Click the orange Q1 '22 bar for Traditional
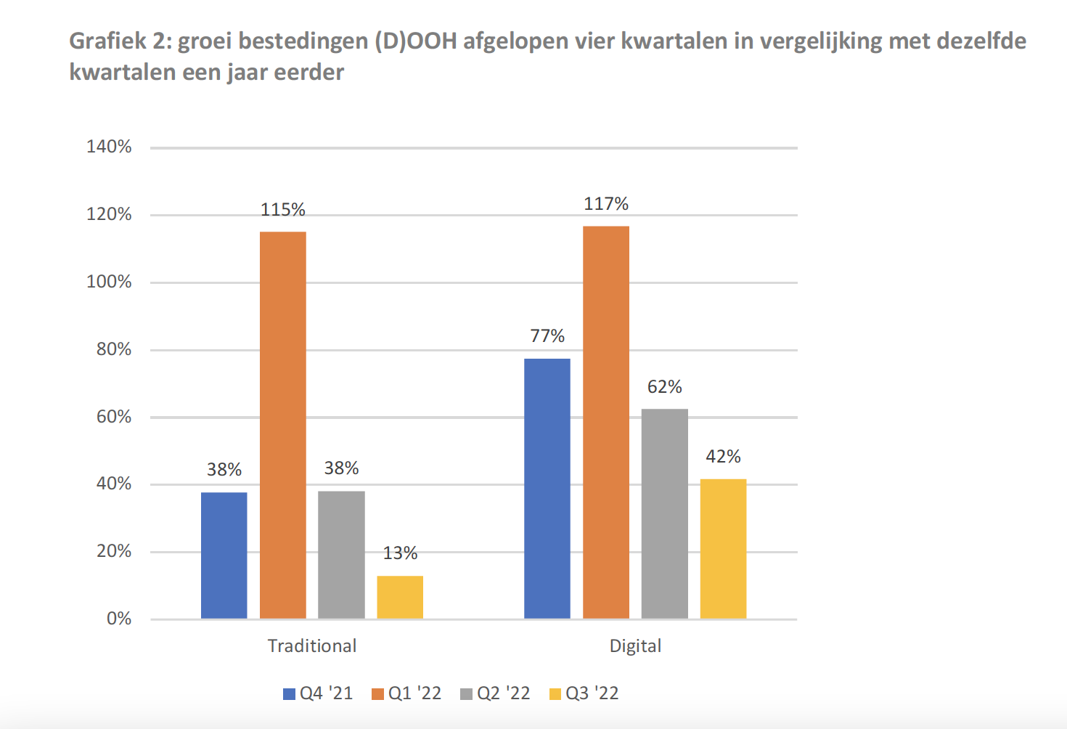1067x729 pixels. [x=283, y=425]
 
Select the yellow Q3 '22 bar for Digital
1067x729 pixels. [x=723, y=548]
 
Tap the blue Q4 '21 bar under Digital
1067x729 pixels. [x=547, y=488]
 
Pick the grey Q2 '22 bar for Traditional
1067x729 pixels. [x=341, y=555]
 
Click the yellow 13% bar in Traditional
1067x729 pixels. [x=400, y=597]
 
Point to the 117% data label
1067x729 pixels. [x=606, y=204]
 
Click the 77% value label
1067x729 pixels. [x=547, y=336]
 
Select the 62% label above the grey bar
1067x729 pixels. [x=665, y=387]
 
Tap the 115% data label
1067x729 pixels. [x=283, y=210]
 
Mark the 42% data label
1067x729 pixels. [x=724, y=457]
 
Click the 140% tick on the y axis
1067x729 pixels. [x=109, y=147]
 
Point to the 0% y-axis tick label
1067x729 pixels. [x=119, y=619]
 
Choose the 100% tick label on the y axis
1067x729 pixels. [x=109, y=282]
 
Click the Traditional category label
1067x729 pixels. [x=312, y=646]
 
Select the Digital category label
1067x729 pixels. [x=635, y=646]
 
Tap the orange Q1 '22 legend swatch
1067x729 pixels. [x=377, y=694]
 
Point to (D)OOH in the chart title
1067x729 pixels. [x=416, y=41]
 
